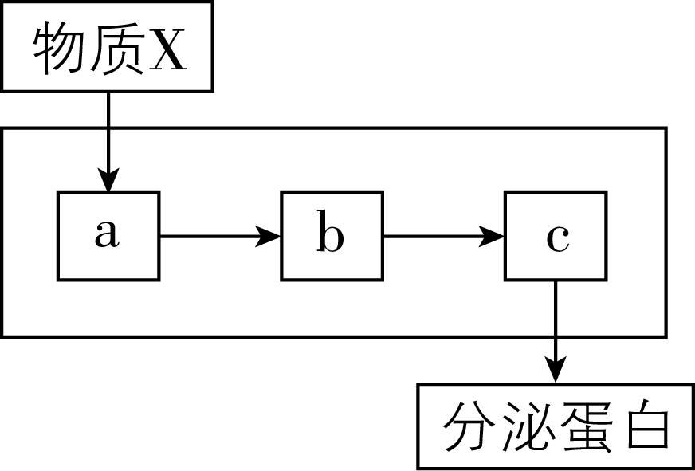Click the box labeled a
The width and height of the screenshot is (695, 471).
[x=108, y=236]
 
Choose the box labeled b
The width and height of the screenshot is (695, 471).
[x=332, y=236]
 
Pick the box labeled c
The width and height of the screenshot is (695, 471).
[x=556, y=236]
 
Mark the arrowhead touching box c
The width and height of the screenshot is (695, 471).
[x=494, y=236]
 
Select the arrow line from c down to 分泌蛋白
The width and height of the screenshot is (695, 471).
[x=556, y=319]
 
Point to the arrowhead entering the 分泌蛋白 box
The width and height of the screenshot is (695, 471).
[x=556, y=371]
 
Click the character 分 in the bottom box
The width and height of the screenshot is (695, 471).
[x=465, y=428]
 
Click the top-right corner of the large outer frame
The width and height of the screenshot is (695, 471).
[x=665, y=128]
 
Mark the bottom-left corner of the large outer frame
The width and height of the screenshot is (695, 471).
[x=2, y=336]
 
